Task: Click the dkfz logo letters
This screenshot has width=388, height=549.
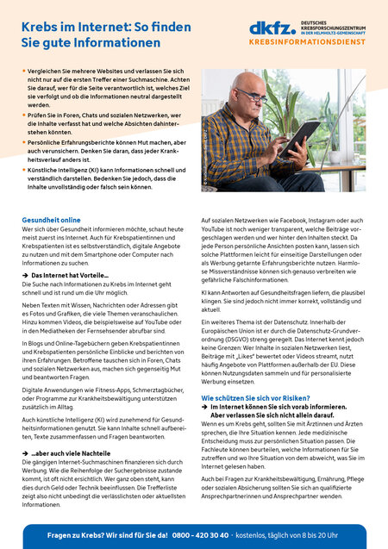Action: [266, 28]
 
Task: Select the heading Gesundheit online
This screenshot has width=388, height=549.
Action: [51, 221]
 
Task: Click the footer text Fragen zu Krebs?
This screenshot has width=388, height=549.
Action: [76, 534]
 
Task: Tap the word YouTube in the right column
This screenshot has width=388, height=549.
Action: [214, 230]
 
